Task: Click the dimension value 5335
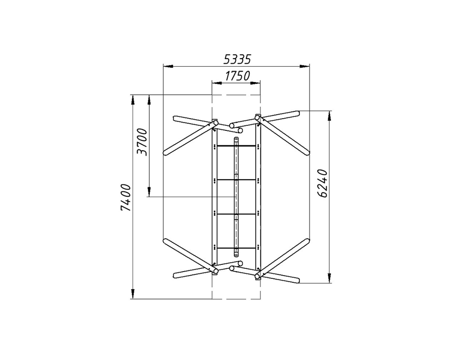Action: pos(237,59)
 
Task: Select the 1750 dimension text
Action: pos(237,76)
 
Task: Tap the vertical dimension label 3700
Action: pos(142,142)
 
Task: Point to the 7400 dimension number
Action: pos(126,198)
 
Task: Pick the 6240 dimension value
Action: pos(323,184)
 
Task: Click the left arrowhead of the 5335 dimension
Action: pos(168,66)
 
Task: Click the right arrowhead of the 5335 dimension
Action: pos(304,66)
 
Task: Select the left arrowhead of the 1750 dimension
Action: pos(217,83)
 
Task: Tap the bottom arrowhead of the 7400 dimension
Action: pos(133,294)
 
